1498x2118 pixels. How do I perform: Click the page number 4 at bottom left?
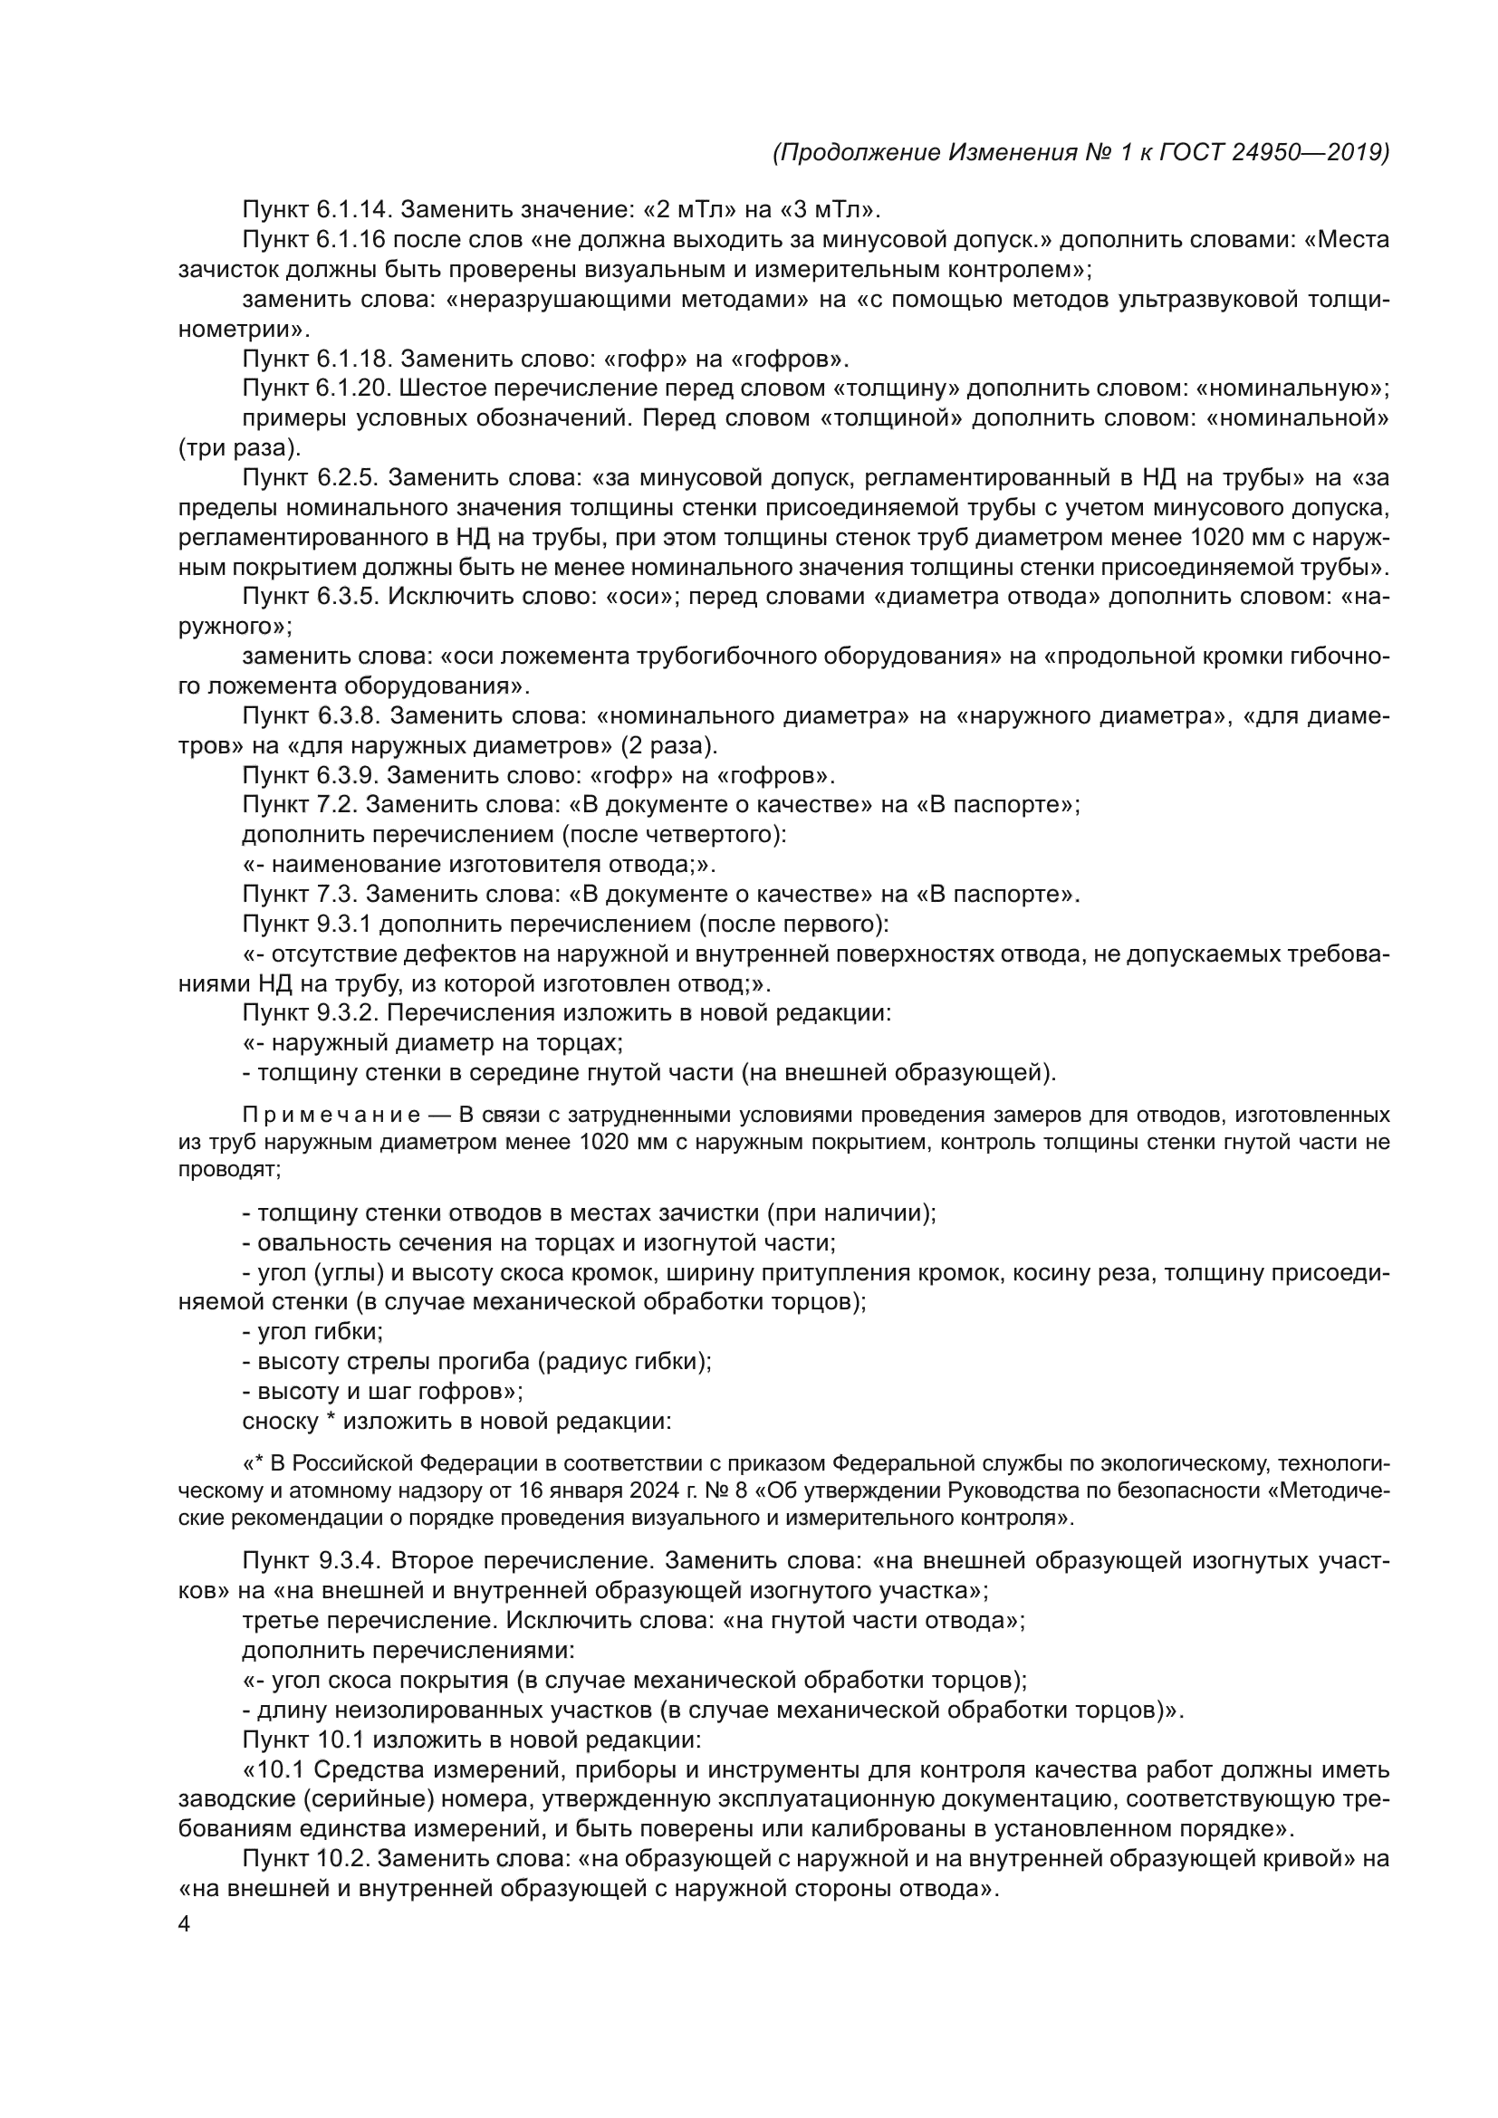coord(184,1925)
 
